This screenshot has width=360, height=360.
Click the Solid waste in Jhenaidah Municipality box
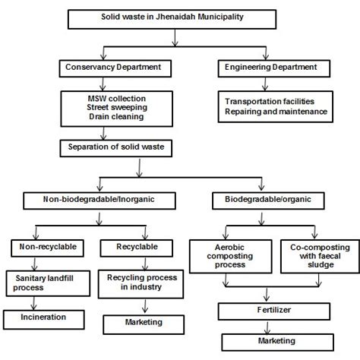point(179,17)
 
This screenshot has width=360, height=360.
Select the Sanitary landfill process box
point(45,283)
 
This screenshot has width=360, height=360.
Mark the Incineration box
point(44,315)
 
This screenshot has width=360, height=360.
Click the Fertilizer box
point(271,310)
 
